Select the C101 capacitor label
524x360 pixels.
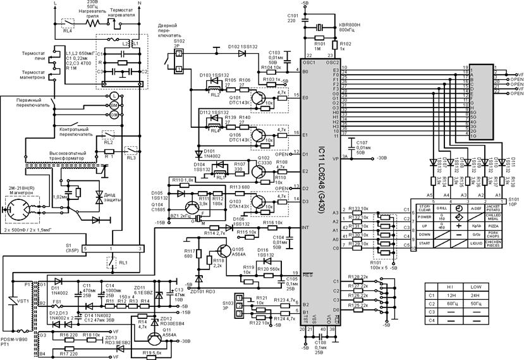pyautogui.click(x=293, y=17)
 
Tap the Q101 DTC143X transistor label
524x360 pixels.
pyautogui.click(x=238, y=101)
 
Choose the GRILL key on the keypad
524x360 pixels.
pyautogui.click(x=442, y=208)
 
